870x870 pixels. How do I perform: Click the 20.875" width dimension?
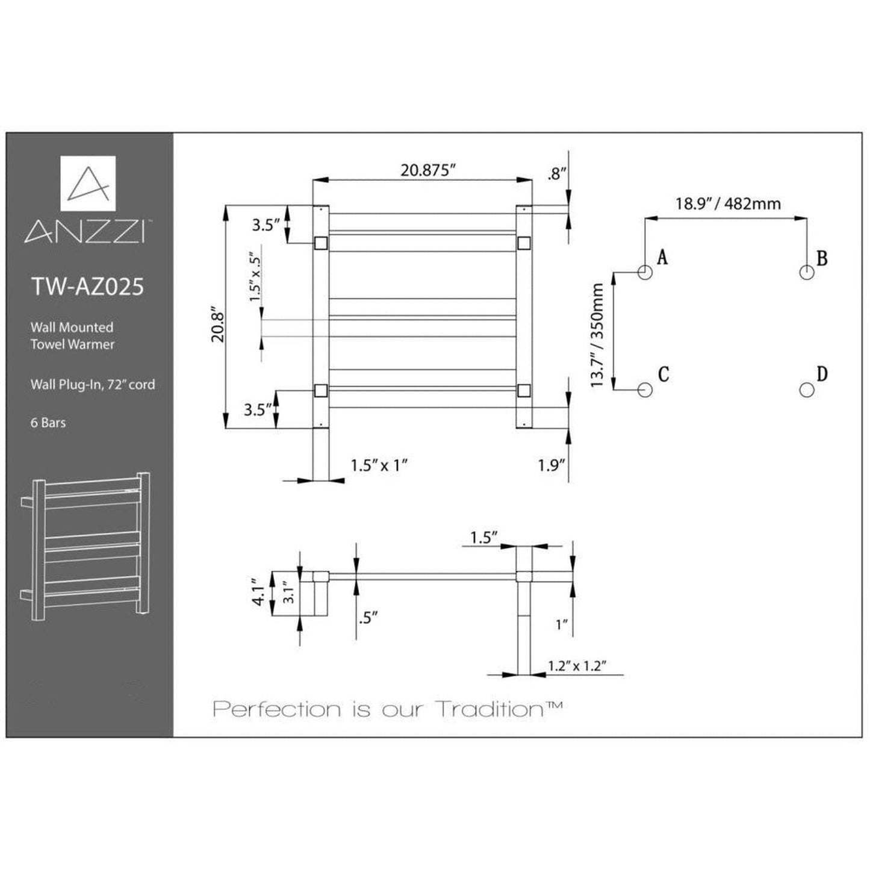point(427,170)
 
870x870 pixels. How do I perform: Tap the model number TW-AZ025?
point(87,287)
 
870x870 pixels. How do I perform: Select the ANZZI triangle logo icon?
point(88,183)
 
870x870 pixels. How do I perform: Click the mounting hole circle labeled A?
point(645,272)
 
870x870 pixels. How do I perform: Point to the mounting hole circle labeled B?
point(806,272)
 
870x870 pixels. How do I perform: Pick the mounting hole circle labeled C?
point(645,390)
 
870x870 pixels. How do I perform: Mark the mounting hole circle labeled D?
point(806,390)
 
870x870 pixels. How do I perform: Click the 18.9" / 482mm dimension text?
point(727,204)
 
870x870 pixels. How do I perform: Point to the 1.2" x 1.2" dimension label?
point(576,665)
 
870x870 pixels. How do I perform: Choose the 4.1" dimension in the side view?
point(258,592)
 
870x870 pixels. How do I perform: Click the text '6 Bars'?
point(48,423)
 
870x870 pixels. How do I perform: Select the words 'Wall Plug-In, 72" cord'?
point(93,384)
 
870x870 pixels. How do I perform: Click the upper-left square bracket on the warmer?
point(320,243)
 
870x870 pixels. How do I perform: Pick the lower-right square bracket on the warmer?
point(524,390)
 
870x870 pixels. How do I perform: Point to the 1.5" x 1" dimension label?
point(379,465)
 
